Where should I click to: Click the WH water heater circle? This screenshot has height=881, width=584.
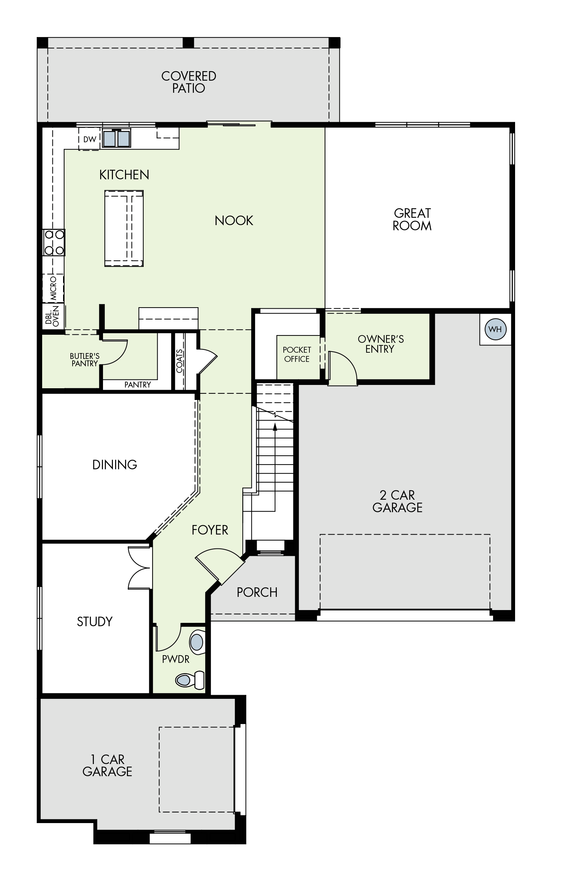pos(495,329)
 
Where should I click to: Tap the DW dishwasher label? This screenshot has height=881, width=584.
pos(90,139)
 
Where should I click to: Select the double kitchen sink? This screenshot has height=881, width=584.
pos(117,138)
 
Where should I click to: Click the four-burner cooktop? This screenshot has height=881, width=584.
pos(54,242)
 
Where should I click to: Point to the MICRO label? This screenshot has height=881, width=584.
pos(53,289)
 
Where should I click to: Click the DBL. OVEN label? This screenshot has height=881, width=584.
pos(52,316)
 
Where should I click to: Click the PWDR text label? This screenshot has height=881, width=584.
pos(176,660)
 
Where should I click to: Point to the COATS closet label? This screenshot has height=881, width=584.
pos(180,361)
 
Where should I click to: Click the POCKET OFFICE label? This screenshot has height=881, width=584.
pos(297,355)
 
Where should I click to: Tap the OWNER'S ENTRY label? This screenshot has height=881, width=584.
pos(381,344)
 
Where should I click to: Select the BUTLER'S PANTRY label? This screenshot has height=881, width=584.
pos(85,360)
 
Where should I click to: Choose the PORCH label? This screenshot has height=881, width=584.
pos(257,592)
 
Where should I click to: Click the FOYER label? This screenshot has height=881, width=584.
pos(210,530)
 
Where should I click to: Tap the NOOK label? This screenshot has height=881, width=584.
pos(234,221)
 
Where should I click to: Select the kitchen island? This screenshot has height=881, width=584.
pos(124,229)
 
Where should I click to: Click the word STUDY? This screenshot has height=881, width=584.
pos(95,621)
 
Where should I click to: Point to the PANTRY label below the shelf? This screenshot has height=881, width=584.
pos(137,385)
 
